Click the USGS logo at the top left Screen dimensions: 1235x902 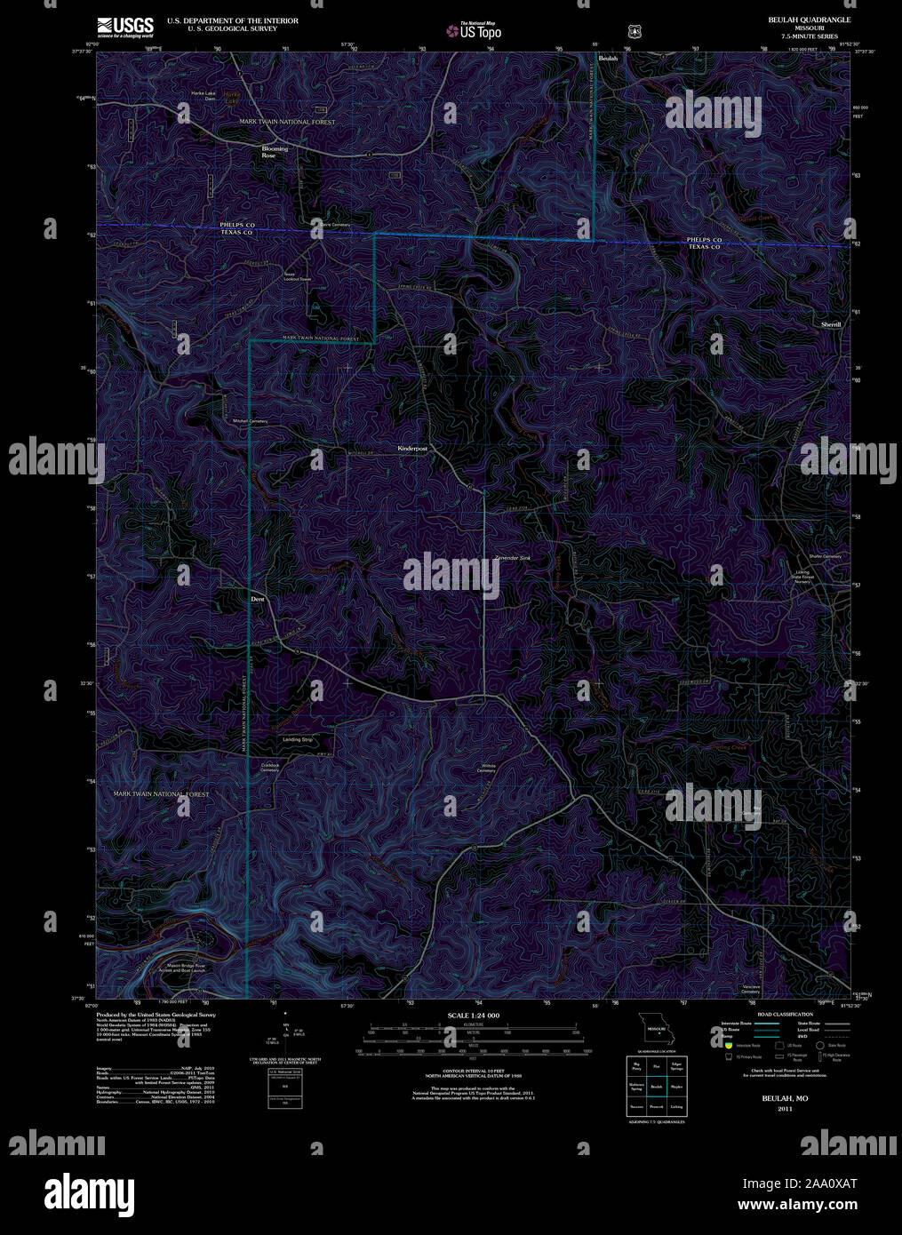124,26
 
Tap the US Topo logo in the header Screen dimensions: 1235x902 475,31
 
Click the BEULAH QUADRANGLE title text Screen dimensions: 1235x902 809,20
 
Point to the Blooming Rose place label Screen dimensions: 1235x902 275,152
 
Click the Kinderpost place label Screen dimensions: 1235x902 412,450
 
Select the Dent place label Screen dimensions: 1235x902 258,599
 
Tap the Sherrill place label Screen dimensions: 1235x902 831,324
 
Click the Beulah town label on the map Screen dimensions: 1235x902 608,59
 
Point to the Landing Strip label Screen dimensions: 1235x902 298,739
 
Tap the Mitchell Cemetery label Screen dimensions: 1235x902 250,420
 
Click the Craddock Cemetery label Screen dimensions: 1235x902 270,767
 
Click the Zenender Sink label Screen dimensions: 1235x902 513,558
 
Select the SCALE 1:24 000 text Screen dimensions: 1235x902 474,1015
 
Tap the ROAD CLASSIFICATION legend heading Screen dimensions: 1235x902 784,1014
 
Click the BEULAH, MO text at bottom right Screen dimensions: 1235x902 784,1099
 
